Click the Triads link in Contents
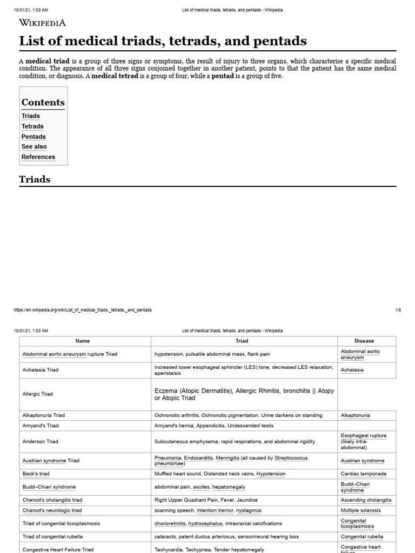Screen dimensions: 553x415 [30, 116]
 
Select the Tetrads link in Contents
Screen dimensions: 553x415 [32, 126]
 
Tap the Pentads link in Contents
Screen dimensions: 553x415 [34, 137]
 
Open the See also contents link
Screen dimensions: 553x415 [34, 146]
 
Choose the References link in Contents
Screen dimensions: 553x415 [38, 157]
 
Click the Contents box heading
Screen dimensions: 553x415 [43, 103]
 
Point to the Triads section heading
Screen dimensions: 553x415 [35, 179]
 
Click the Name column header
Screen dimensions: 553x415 [83, 341]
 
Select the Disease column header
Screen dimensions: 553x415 [364, 341]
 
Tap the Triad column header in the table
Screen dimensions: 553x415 [242, 341]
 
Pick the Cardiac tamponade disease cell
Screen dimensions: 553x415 [363, 474]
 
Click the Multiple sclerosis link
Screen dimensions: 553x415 [360, 510]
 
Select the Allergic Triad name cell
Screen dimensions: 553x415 [38, 394]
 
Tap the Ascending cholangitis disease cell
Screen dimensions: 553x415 [366, 500]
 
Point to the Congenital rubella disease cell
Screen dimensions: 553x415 [362, 537]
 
